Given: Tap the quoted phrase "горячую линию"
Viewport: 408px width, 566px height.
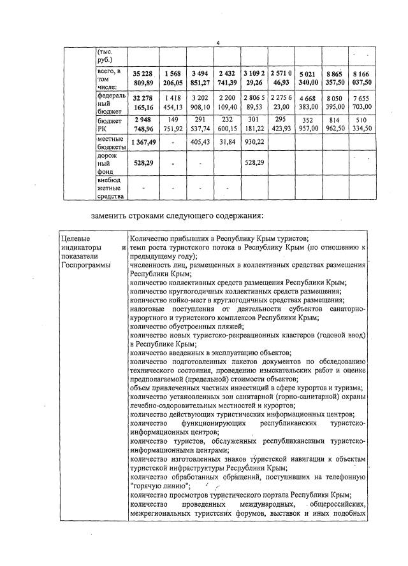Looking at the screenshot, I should [157, 486].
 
